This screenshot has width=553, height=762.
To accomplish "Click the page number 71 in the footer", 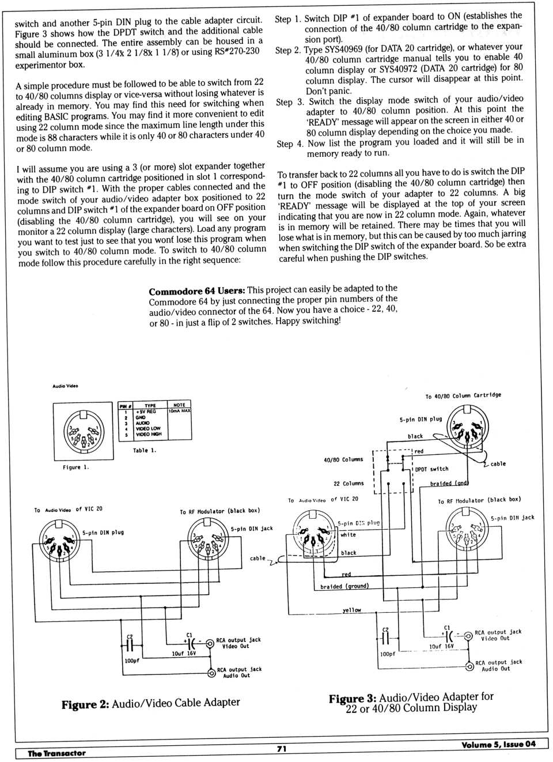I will coord(282,748).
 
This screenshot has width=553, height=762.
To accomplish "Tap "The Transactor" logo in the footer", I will coord(56,753).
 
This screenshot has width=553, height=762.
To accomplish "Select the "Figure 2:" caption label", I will coord(85,704).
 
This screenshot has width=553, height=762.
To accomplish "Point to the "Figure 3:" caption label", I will coord(352,699).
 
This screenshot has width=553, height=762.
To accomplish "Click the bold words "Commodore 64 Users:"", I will coord(196,291).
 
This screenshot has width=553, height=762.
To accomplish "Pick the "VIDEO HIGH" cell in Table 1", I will coord(148,434).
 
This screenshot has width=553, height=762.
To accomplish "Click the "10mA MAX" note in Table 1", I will coord(179,411).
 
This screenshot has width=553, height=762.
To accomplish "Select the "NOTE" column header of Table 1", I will coord(179,405).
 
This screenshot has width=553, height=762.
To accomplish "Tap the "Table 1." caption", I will coord(145,450).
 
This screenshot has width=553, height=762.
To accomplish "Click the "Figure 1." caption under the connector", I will coord(76,467).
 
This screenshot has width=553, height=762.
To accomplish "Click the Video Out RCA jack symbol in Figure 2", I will coord(210,642).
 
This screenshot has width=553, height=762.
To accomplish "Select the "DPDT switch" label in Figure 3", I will coord(431,469).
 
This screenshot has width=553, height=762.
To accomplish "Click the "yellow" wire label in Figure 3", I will coord(351,610).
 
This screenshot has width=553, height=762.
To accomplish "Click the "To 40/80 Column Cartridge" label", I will coord(463,396).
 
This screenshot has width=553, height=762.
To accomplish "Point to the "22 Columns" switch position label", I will coord(349,484).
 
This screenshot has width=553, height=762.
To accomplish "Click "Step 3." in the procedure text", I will coord(290,102).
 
